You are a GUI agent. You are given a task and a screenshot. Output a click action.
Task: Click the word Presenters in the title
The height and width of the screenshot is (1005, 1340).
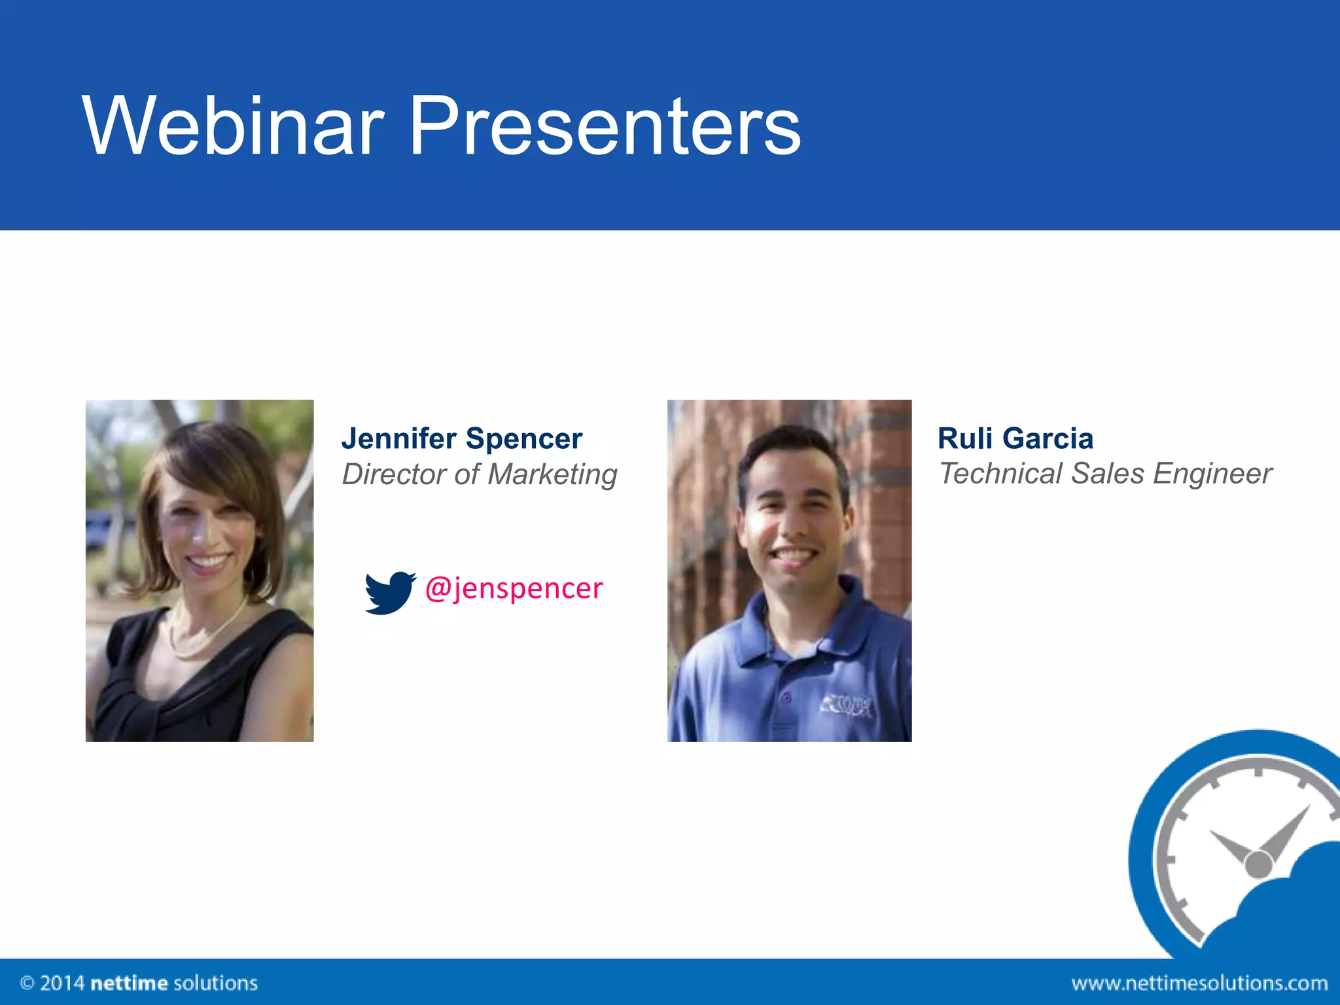click(x=605, y=126)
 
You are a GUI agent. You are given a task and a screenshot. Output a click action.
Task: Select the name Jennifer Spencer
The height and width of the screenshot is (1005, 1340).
click(x=461, y=438)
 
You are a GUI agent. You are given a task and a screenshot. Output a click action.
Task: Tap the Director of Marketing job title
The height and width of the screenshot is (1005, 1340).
click(x=479, y=474)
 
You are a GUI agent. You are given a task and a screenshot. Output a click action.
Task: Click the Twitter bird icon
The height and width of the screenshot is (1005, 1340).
click(x=389, y=592)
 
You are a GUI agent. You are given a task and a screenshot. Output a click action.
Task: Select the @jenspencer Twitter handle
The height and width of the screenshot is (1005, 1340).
click(x=514, y=588)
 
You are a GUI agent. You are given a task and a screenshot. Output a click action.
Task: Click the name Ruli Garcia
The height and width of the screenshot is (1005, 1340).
click(x=1015, y=438)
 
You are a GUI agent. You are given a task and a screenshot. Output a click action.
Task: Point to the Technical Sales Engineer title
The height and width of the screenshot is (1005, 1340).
click(x=1105, y=474)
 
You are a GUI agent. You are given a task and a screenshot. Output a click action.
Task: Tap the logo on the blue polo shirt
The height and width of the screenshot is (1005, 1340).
click(x=847, y=705)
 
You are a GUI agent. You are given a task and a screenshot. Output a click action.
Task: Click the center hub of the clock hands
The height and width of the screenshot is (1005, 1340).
click(x=1258, y=864)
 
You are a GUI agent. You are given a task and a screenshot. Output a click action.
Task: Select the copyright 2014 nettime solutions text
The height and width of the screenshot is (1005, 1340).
click(x=139, y=983)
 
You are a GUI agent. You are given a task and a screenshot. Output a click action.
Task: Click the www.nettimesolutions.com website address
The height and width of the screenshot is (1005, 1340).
click(x=1199, y=983)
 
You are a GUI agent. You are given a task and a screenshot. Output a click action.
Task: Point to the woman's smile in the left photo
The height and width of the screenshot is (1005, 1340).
click(x=207, y=561)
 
